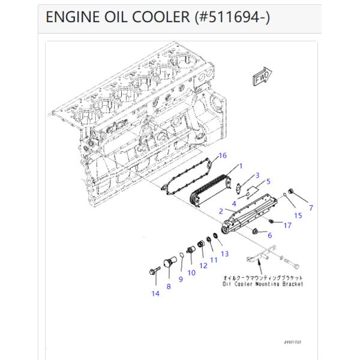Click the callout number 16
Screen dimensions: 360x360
coord(223,155)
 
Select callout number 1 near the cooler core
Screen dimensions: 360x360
coord(240,166)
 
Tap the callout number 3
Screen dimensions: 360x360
coord(257,175)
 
